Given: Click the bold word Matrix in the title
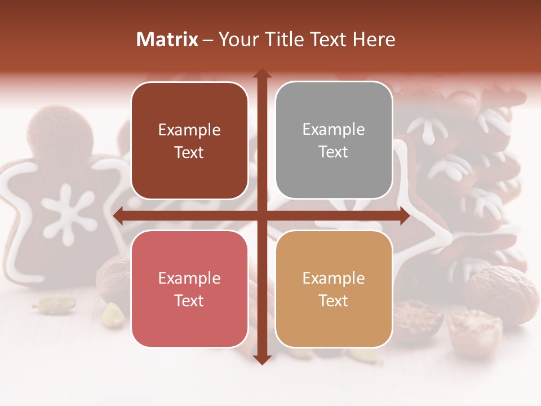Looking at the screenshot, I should click(167, 39).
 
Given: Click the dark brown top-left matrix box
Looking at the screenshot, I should click(189, 140).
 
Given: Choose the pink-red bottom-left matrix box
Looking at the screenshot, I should click(189, 289).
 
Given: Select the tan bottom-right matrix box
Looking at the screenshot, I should click(334, 289).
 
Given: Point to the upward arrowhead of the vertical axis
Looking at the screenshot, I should click(261, 73).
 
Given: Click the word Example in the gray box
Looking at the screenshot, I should click(334, 130).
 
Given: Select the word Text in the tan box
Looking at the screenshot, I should click(334, 301).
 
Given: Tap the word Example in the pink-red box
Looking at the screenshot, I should click(189, 278).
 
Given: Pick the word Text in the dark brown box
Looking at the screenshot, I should click(189, 152).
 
